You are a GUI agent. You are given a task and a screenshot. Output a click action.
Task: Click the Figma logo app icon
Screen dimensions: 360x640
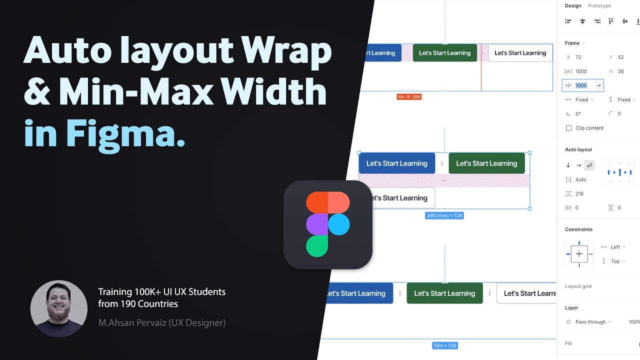328,224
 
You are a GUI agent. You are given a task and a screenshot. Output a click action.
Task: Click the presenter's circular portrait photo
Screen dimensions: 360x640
58,308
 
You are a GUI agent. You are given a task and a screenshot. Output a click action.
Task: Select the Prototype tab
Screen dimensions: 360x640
599,6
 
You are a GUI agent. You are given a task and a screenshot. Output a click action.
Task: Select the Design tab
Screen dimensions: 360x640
573,6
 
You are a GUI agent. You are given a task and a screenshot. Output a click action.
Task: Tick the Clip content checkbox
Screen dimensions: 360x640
568,128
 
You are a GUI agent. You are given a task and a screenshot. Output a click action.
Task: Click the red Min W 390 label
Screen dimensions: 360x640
409,96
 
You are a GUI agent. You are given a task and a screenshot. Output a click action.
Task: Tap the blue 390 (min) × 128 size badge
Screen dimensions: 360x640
444,215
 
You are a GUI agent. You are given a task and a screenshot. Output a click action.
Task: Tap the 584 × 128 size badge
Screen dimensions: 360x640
444,345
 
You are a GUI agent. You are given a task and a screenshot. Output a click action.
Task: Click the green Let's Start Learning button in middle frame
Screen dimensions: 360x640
486,163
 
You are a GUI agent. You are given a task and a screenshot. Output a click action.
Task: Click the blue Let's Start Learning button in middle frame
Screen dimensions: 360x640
396,163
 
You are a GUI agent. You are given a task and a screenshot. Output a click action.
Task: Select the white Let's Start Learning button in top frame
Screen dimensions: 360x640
520,53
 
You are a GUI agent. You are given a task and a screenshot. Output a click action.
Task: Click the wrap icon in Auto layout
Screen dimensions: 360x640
589,165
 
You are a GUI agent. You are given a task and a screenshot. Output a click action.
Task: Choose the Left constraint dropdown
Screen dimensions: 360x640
617,247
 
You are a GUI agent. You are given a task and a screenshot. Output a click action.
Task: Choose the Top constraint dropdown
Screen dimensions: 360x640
617,261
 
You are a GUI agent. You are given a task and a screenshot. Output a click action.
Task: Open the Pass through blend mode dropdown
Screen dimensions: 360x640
593,322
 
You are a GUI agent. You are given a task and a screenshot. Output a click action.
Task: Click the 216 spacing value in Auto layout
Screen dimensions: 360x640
580,193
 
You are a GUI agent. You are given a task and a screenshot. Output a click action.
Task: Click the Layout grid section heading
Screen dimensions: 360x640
578,286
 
